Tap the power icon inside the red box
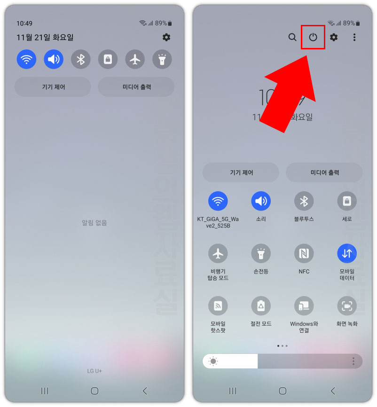click(x=313, y=37)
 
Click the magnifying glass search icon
click(x=292, y=37)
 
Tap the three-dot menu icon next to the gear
click(x=354, y=37)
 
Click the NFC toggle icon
click(x=304, y=254)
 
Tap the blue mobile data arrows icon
click(x=347, y=254)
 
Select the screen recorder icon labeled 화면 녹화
click(x=347, y=306)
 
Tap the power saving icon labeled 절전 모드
click(x=261, y=306)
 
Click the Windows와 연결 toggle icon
click(x=304, y=306)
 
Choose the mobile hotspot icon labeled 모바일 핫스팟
click(x=218, y=306)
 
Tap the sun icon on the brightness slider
click(x=213, y=361)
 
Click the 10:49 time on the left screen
click(x=24, y=23)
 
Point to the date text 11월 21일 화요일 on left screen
click(x=45, y=38)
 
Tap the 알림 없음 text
click(x=94, y=223)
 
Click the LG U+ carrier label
click(x=94, y=371)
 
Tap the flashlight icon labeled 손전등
click(x=261, y=254)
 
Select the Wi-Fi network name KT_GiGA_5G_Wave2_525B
click(x=218, y=222)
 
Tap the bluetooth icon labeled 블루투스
click(x=304, y=201)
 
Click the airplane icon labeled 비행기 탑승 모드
click(x=218, y=254)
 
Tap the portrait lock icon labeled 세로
click(x=347, y=201)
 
